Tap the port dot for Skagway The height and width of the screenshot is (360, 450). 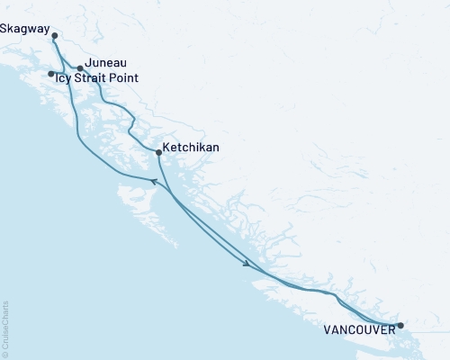tap(55, 36)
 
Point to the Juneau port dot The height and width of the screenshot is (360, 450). tap(80, 67)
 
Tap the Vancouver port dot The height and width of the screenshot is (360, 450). tap(400, 325)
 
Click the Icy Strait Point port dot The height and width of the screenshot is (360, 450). tap(50, 74)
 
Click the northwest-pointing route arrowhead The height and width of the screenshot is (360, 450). tap(153, 181)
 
